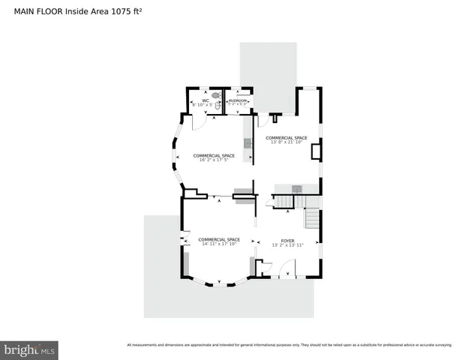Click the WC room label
[x=205, y=100]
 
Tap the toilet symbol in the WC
[x=215, y=96]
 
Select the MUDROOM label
[x=238, y=100]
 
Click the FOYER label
[x=287, y=240]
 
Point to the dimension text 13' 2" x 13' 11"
[x=287, y=245]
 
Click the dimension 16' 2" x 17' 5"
[x=214, y=160]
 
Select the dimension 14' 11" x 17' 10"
[x=218, y=244]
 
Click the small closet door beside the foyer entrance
[x=263, y=268]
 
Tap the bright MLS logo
[x=29, y=349]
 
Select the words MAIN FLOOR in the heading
[x=38, y=12]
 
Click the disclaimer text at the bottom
[x=289, y=345]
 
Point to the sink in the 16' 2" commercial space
[x=246, y=142]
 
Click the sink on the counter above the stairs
[x=296, y=187]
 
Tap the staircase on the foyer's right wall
[x=312, y=220]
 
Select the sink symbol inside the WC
[x=218, y=106]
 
